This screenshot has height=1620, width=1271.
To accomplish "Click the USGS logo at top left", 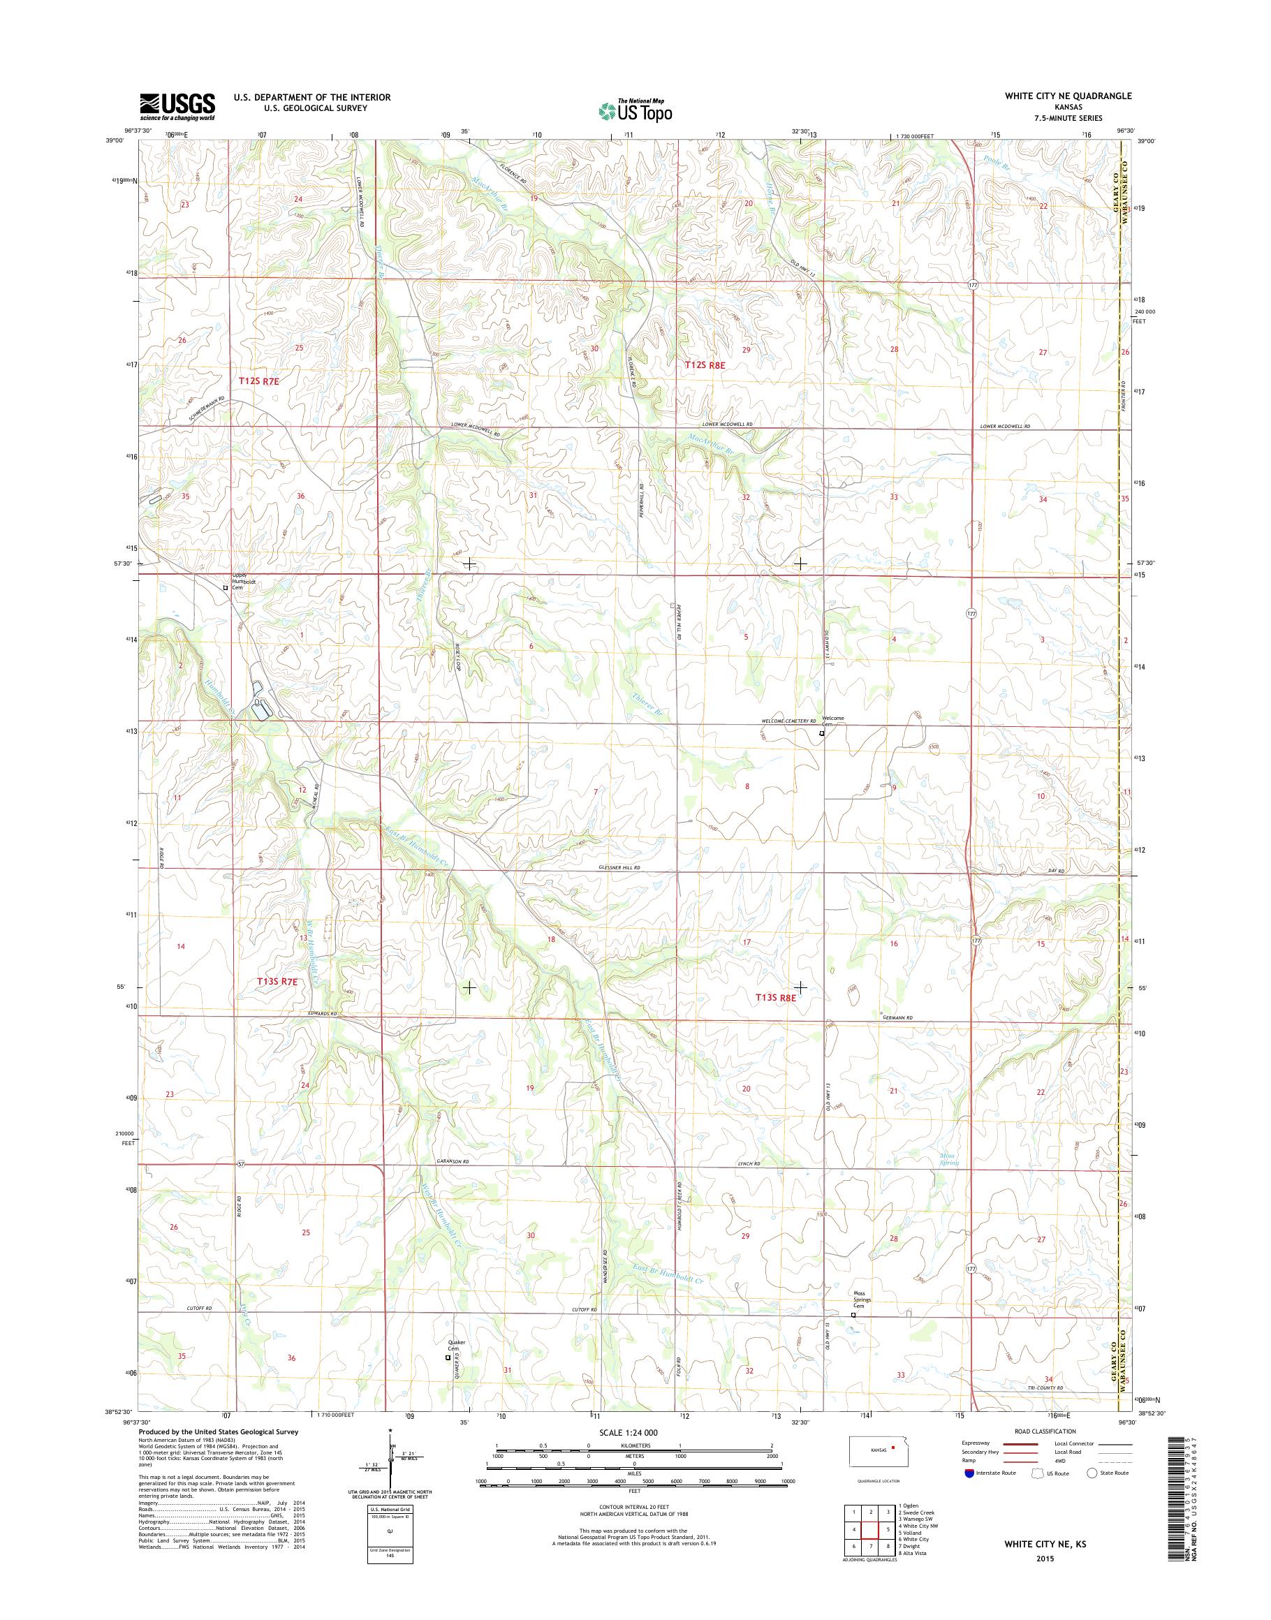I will point(177,107).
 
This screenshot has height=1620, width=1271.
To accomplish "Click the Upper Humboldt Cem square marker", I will point(226,587).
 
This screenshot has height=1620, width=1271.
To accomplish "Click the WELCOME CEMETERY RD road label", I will point(788,721).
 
